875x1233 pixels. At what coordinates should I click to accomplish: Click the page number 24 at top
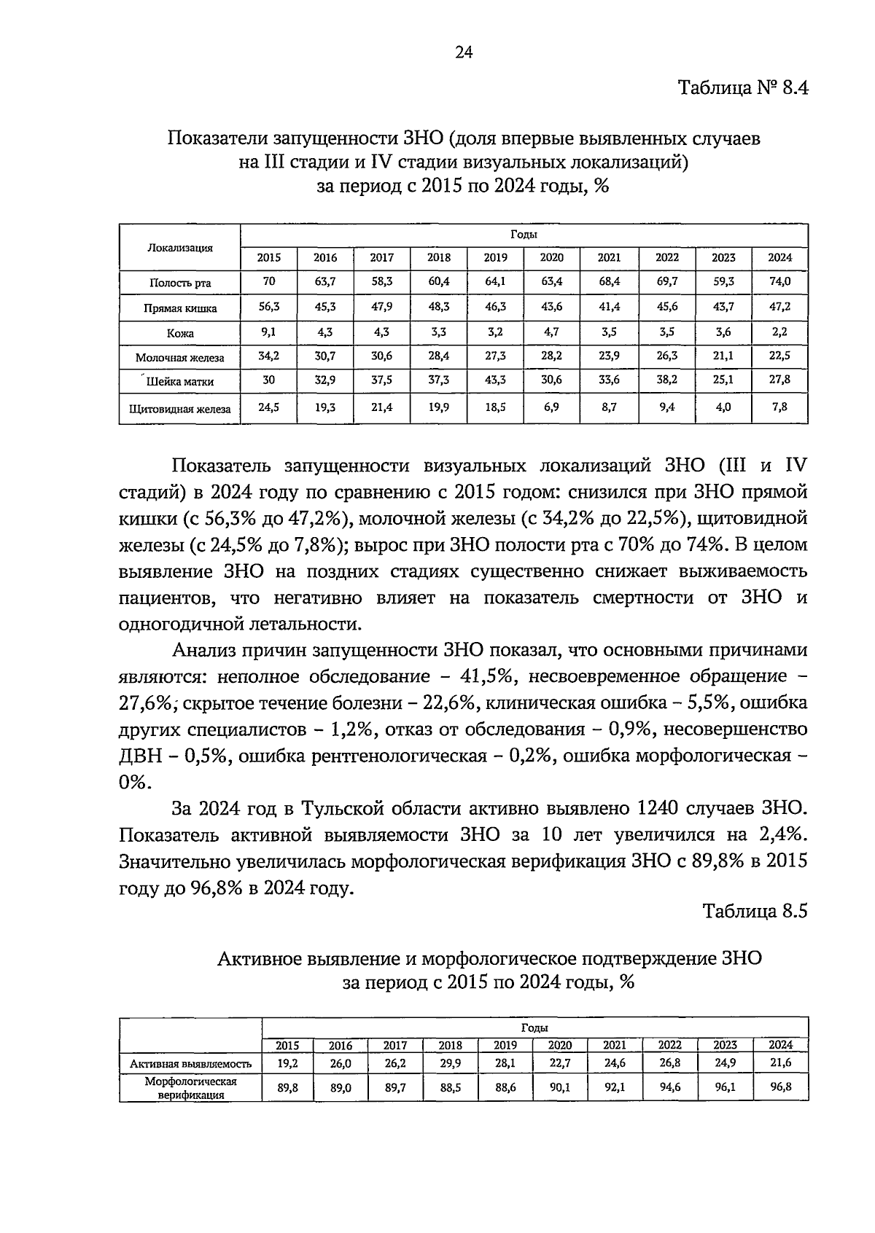[x=464, y=52]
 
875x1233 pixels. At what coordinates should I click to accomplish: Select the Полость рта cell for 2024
[x=779, y=281]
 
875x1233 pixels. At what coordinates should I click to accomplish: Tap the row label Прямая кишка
[x=180, y=308]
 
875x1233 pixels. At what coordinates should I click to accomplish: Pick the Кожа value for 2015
[x=268, y=332]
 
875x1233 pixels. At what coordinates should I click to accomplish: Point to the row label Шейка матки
[x=180, y=381]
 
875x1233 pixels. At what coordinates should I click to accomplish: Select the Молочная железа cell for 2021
[x=609, y=356]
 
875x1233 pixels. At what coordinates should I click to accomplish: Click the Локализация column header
[x=180, y=248]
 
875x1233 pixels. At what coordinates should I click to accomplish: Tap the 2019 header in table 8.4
[x=495, y=257]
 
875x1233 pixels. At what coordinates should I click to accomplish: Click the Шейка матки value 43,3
[x=495, y=380]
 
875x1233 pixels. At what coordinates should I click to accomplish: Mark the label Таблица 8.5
[x=755, y=911]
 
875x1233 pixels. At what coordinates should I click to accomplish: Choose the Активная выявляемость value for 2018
[x=450, y=1063]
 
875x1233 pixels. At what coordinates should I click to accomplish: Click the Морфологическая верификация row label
[x=191, y=1088]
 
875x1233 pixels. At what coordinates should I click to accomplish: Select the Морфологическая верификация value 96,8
[x=780, y=1087]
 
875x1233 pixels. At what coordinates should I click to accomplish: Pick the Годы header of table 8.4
[x=524, y=235]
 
